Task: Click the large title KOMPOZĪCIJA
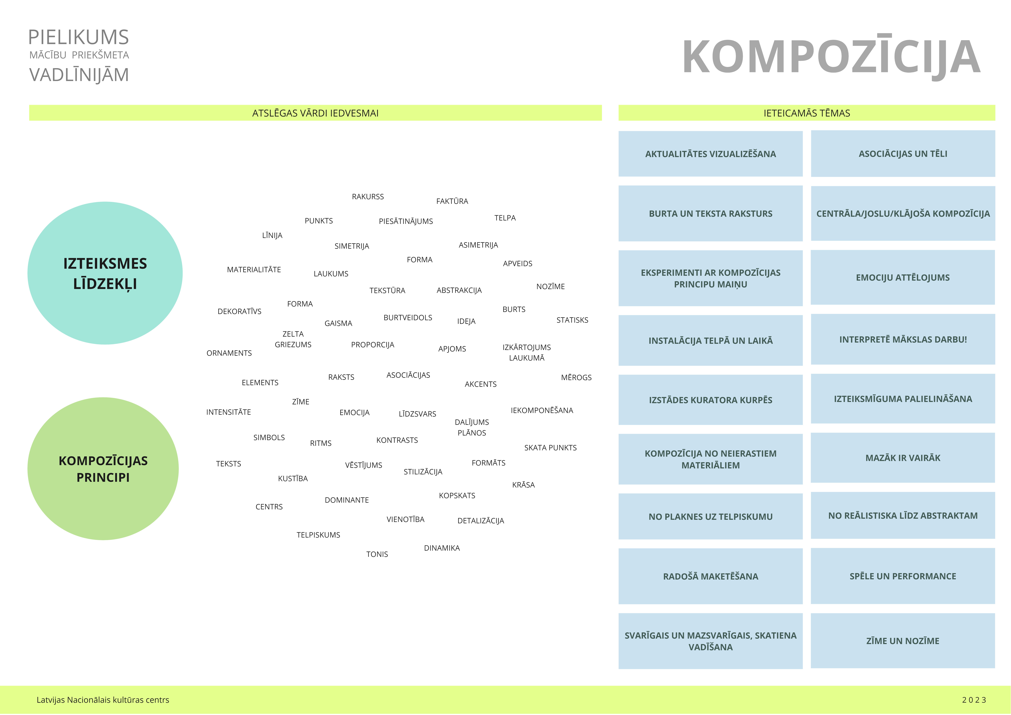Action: point(831,57)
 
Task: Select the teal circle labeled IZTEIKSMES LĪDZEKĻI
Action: point(105,273)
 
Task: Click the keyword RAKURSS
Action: point(368,197)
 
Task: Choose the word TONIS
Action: point(377,554)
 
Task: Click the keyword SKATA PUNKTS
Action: point(550,448)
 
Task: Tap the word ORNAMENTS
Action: point(229,353)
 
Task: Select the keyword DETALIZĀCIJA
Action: point(480,521)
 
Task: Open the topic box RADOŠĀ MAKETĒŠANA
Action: point(710,576)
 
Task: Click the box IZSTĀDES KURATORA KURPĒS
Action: point(710,400)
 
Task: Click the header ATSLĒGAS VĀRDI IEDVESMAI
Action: point(315,113)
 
